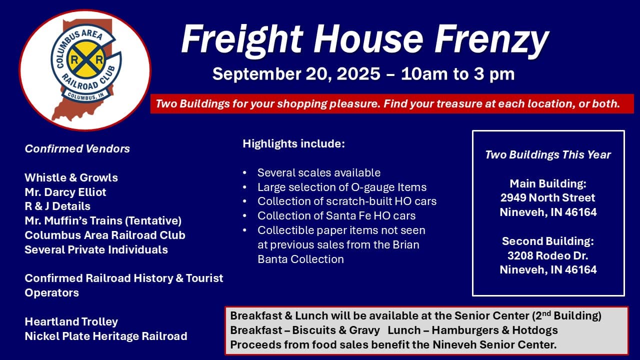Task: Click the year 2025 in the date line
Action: [x=358, y=74]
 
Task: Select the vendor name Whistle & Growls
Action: [x=71, y=177]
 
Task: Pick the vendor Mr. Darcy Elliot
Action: [x=65, y=192]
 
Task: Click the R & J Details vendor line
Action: [x=57, y=206]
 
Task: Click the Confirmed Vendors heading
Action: [x=77, y=148]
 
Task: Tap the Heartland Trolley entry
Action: [x=71, y=321]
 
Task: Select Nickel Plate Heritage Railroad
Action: [x=106, y=336]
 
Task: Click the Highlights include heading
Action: [x=293, y=144]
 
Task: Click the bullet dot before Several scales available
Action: [x=244, y=173]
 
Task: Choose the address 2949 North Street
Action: [x=548, y=197]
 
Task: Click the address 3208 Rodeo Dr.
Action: [x=548, y=255]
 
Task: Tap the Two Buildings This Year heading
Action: [x=548, y=155]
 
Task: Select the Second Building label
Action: [x=548, y=241]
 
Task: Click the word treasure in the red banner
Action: [x=461, y=104]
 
